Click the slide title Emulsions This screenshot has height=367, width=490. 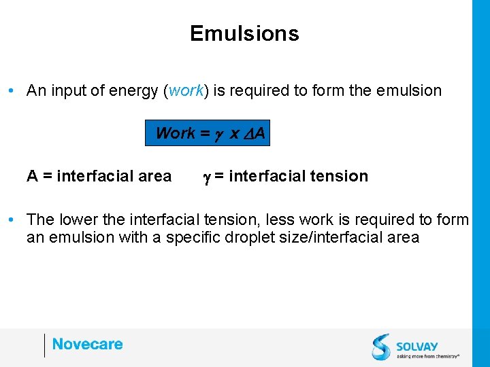coord(244,33)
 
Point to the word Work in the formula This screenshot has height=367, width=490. coord(176,133)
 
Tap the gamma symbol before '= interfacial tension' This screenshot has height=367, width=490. coord(206,177)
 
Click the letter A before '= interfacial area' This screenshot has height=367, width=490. coord(32,177)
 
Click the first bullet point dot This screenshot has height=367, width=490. coord(13,90)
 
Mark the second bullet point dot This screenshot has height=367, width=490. coord(13,220)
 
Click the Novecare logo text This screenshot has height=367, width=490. coord(87,345)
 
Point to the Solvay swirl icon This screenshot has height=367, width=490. coord(382,347)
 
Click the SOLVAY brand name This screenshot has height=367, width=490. coord(418,346)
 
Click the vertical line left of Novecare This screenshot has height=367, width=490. coord(44,345)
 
